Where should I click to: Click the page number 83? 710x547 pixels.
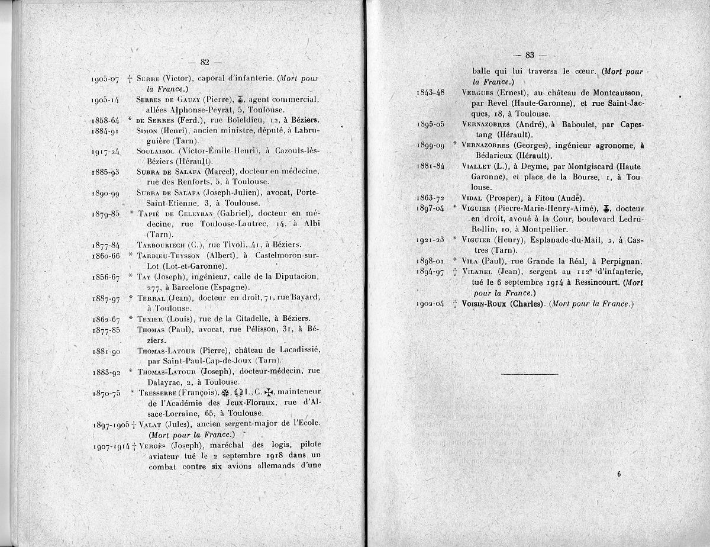coord(530,55)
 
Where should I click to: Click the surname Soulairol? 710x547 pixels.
coord(155,152)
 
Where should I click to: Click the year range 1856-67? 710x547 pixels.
coord(106,277)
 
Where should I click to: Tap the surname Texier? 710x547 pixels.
coord(150,320)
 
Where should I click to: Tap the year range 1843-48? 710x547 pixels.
coord(434,93)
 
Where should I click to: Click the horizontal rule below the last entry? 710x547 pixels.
coord(529,374)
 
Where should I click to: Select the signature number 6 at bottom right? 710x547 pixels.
coord(618,474)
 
